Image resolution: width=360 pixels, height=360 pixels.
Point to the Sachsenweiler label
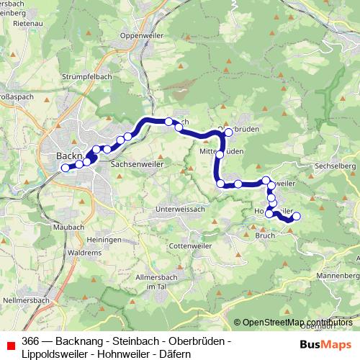point(138,164)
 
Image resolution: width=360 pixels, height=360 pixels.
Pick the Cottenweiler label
point(189,245)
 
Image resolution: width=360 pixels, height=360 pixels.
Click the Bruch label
point(266,235)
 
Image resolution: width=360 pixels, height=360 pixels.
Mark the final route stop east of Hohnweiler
point(296,216)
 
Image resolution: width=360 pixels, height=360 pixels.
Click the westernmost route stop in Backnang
point(65,168)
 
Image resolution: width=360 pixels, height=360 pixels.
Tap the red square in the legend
point(10,346)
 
